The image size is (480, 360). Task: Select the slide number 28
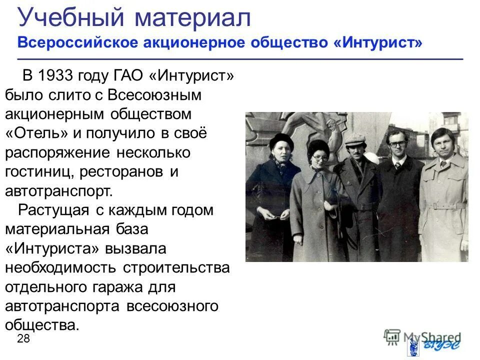tap(23, 338)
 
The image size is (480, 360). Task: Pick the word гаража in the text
tap(129, 287)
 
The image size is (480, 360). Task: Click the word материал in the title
tap(192, 18)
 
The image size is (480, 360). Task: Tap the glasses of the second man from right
tap(397, 143)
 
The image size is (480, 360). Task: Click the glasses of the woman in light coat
tap(320, 157)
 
